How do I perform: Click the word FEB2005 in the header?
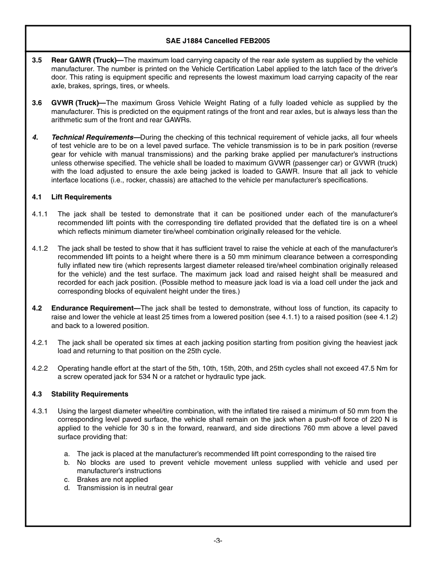pos(255,41)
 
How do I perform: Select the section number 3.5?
pos(37,60)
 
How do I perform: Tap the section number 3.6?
pos(37,103)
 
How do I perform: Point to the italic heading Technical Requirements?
pos(92,137)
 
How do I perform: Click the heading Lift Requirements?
pos(81,197)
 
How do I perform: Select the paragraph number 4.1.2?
pos(40,249)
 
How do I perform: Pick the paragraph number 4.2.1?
pos(40,343)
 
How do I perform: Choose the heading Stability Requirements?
pos(89,394)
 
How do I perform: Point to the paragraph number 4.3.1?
pos(40,411)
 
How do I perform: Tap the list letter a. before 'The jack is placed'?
pos(67,454)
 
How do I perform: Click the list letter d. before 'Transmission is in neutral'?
pos(67,488)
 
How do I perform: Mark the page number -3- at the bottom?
pos(218,541)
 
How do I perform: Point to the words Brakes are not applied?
pos(112,480)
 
